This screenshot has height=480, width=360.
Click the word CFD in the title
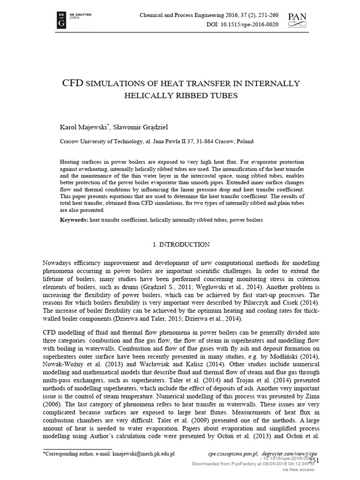pyautogui.click(x=73, y=84)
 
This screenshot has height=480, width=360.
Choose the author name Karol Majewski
pyautogui.click(x=82, y=127)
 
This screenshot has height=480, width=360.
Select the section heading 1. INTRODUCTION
pyautogui.click(x=182, y=245)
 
